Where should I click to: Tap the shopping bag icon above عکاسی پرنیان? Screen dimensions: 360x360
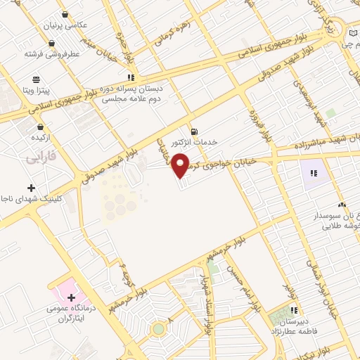tap(65, 14)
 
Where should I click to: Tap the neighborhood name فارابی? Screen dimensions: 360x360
tap(40, 159)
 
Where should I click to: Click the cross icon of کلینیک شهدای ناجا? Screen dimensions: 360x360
tap(31, 188)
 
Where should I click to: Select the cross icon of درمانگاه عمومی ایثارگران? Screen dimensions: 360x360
tap(71, 297)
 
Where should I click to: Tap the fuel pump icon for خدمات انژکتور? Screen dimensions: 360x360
tap(193, 131)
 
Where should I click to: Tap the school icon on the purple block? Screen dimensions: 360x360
tap(314, 172)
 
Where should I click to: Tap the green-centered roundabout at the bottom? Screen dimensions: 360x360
tap(160, 329)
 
